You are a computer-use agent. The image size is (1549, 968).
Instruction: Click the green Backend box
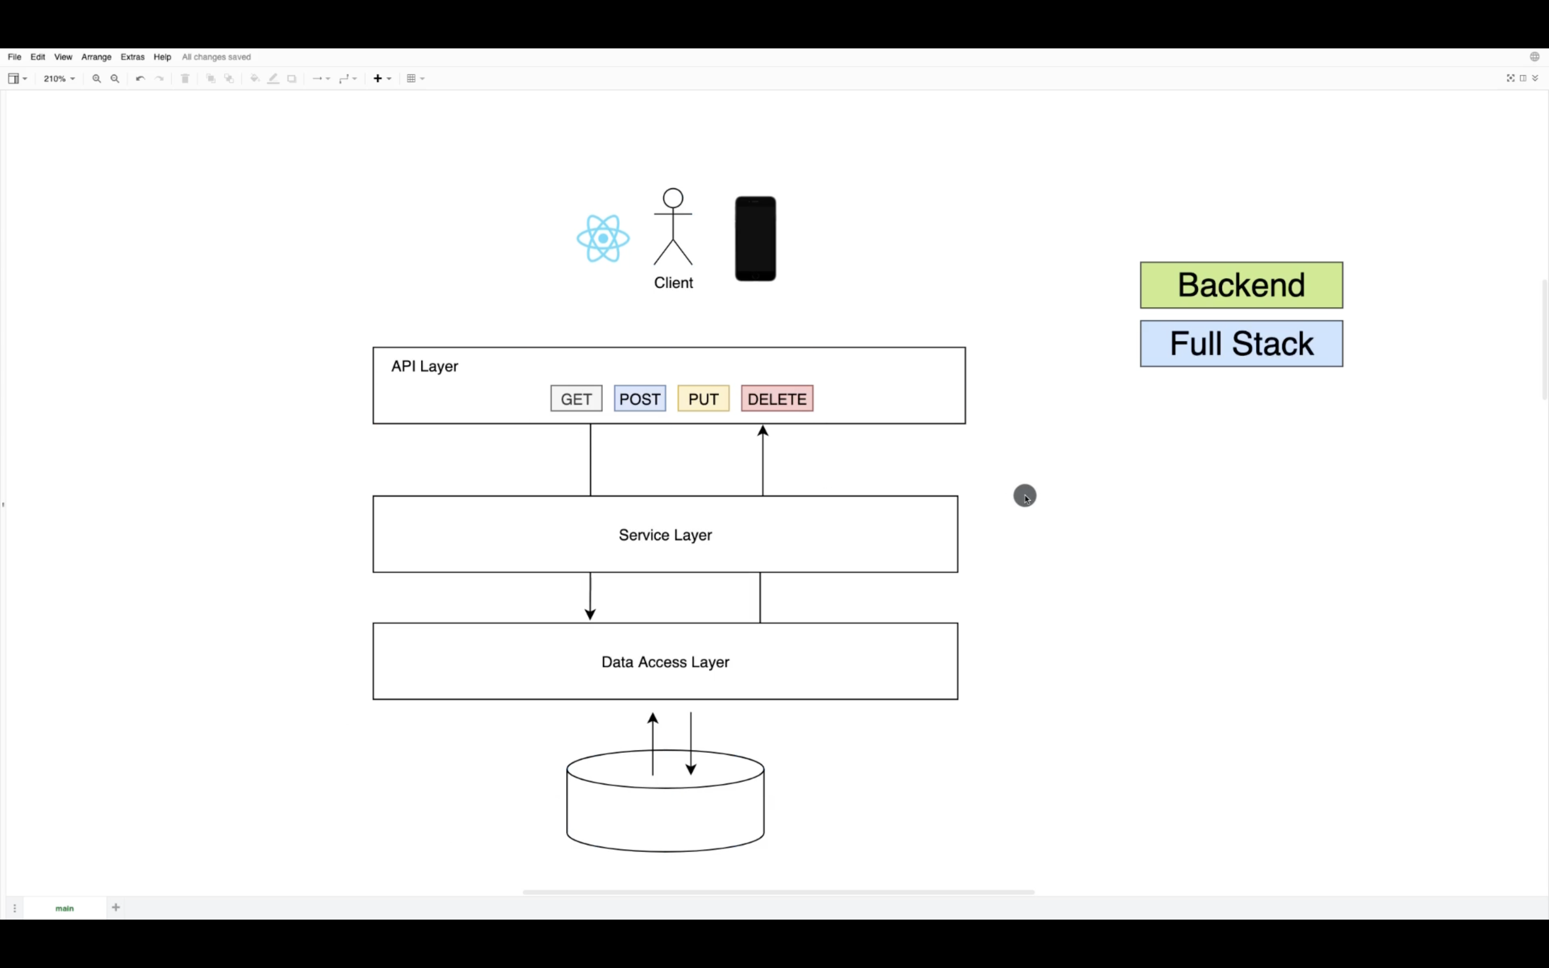tap(1241, 286)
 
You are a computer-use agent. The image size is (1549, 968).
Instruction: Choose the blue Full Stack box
tap(1241, 344)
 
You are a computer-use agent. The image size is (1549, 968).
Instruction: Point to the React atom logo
tap(603, 239)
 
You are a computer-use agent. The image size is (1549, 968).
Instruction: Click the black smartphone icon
tap(755, 239)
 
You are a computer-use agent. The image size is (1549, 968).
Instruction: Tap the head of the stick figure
tap(673, 198)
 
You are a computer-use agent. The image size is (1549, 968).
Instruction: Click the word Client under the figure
tap(673, 283)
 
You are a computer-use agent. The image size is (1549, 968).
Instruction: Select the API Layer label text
tap(424, 366)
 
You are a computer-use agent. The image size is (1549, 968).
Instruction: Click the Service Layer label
tap(665, 535)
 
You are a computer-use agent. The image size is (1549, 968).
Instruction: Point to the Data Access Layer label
tap(665, 662)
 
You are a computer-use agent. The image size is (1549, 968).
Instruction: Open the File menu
tap(14, 57)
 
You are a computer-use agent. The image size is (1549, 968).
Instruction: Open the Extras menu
tap(132, 57)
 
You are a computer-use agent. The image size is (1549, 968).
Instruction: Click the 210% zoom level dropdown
tap(59, 79)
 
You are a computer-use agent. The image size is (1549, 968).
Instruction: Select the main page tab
tap(65, 908)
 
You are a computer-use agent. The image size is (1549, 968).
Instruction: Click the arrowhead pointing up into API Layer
tap(762, 431)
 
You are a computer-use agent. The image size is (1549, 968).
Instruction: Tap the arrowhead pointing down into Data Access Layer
tap(590, 615)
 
